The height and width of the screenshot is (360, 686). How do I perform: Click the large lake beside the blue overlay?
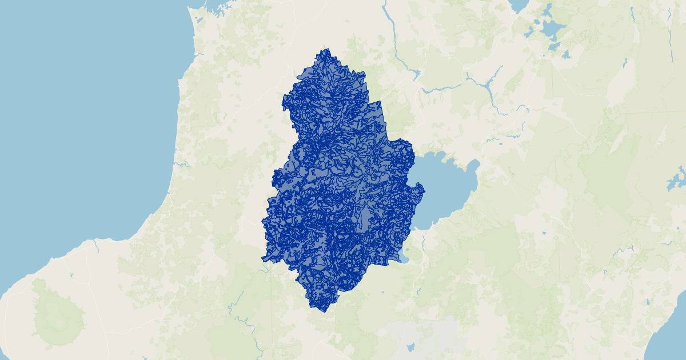coord(446,189)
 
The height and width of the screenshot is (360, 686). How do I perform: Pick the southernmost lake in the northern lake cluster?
coord(565,55)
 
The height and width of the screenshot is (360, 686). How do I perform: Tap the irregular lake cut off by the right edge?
coord(677,180)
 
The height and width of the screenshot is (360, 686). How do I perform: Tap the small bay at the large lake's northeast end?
coord(473,166)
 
